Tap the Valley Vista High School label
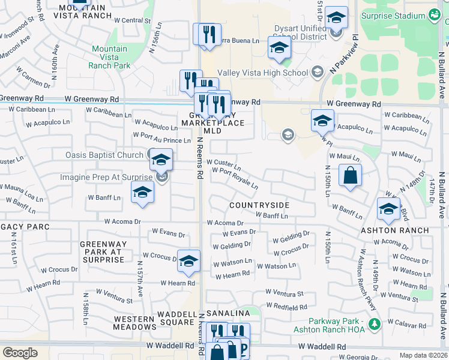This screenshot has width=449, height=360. pos(262,73)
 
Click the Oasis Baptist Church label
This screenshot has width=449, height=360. pos(104,155)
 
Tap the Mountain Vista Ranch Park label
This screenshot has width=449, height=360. pos(109,57)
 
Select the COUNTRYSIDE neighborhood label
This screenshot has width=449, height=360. pos(259,205)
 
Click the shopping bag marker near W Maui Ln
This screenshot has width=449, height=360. pos(350,176)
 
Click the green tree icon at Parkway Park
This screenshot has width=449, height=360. pos(375,324)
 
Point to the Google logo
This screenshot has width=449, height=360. pos(20,353)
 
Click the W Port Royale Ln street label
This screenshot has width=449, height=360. pos(235,178)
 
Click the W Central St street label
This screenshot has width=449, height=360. pos(131,20)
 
